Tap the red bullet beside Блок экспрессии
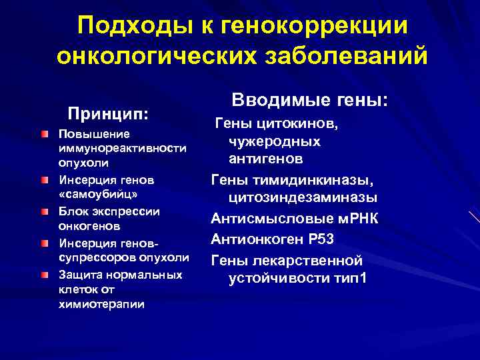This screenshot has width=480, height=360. pyautogui.click(x=44, y=212)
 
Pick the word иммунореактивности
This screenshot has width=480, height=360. pyautogui.click(x=122, y=147)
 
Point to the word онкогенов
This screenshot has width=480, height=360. pyautogui.click(x=85, y=227)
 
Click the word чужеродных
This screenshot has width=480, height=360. pyautogui.click(x=274, y=141)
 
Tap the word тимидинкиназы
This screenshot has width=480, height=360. pyautogui.click(x=321, y=179)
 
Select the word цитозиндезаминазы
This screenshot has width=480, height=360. pyautogui.click(x=303, y=197)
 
